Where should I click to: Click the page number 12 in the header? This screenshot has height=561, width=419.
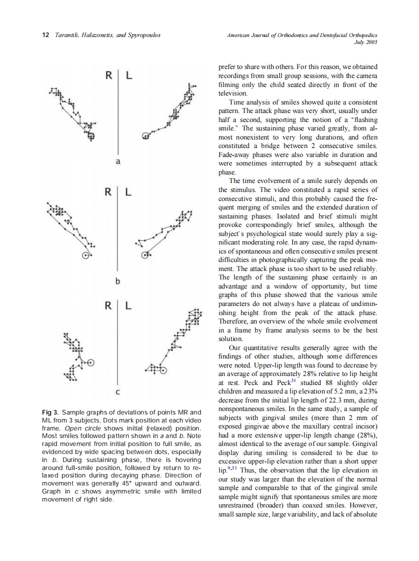tap(45, 35)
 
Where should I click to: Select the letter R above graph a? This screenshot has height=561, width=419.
tap(108, 76)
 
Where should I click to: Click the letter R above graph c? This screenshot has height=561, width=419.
tap(108, 305)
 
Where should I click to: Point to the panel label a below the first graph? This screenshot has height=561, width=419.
tap(118, 161)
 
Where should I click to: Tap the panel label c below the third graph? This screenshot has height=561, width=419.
tap(118, 392)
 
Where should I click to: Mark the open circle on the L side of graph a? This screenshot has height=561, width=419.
tap(145, 135)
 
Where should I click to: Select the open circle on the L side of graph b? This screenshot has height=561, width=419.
tap(145, 255)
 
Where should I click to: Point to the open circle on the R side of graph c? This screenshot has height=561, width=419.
tap(91, 362)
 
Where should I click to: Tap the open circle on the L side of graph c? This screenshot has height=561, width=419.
tap(163, 370)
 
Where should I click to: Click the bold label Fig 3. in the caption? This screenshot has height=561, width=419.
tap(50, 412)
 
